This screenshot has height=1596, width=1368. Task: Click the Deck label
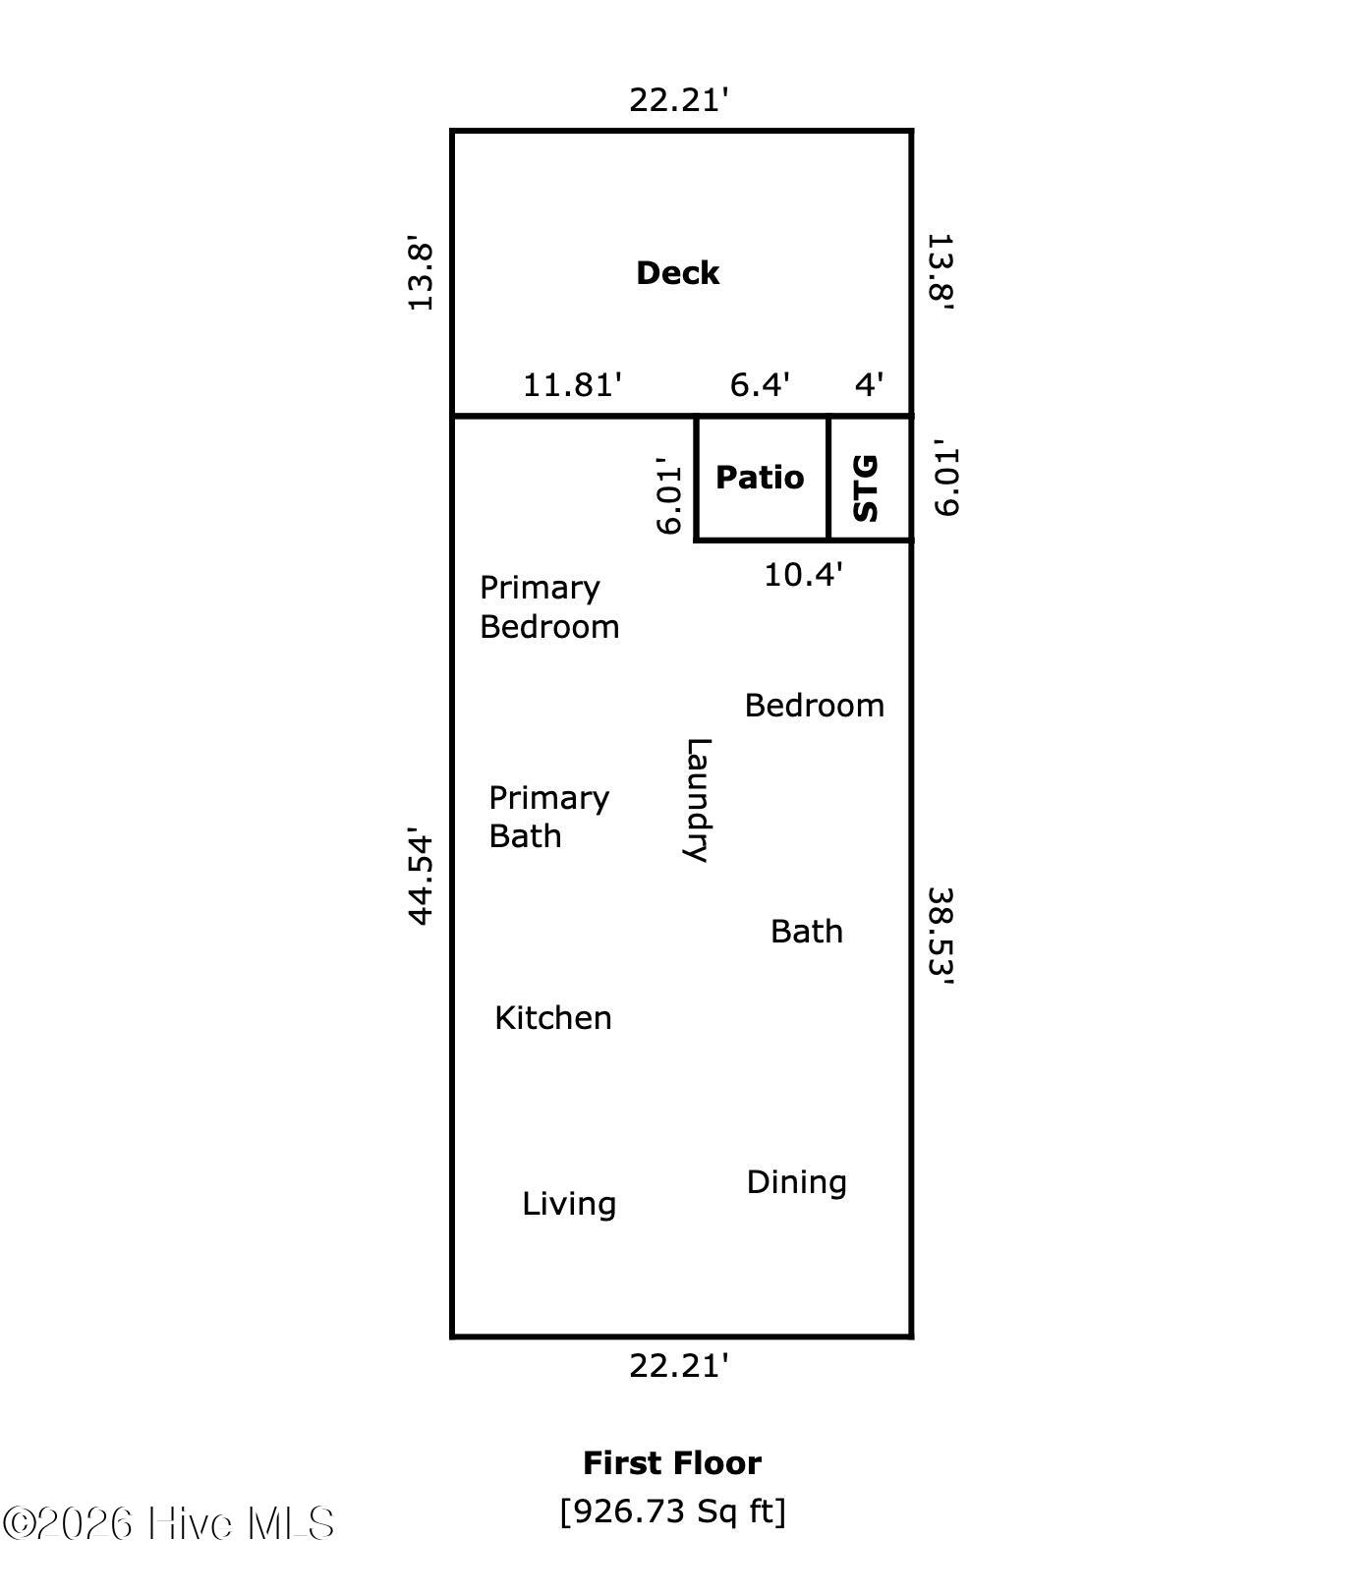[x=677, y=273]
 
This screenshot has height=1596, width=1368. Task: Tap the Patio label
[x=760, y=478]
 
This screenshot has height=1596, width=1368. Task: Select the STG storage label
[x=866, y=487]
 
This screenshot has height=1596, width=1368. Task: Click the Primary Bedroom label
[x=548, y=607]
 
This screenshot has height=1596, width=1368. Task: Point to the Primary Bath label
[x=548, y=817]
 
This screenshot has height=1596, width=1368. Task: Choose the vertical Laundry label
[x=697, y=799]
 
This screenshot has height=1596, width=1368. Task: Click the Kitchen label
[x=553, y=1018]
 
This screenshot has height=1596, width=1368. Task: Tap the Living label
[x=569, y=1204]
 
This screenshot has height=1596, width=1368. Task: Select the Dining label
[x=796, y=1182]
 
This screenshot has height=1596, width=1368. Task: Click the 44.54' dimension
[x=421, y=876]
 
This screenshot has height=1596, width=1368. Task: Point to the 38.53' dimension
[x=941, y=936]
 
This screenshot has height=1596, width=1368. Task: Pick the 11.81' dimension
[x=572, y=384]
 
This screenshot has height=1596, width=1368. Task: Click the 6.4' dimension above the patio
[x=760, y=384]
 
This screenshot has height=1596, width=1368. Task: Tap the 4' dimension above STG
[x=869, y=384]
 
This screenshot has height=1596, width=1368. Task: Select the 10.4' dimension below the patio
[x=803, y=575]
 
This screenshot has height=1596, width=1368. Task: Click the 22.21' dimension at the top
[x=679, y=100]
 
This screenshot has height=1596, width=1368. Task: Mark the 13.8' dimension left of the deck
[x=421, y=273]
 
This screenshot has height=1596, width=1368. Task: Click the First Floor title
[x=672, y=1463]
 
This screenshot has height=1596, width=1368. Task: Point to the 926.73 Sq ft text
[x=672, y=1510]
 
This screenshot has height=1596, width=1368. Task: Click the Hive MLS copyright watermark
[x=168, y=1524]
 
